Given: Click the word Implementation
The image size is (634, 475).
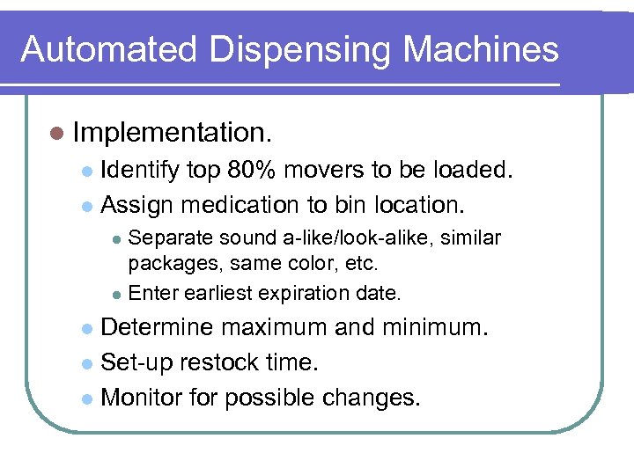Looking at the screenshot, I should click(173, 133).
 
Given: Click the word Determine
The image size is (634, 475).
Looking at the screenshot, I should click(158, 327).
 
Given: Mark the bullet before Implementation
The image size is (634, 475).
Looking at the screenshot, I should click(57, 134).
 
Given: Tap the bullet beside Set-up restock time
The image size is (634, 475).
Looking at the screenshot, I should click(85, 363).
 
